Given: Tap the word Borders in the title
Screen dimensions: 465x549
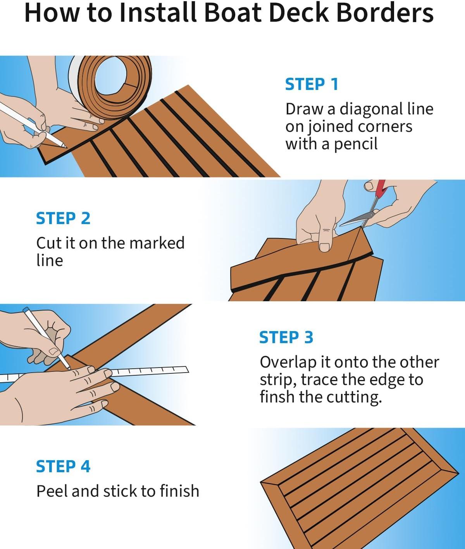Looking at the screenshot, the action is point(384,13).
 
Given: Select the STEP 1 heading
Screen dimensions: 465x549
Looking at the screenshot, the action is point(312,85).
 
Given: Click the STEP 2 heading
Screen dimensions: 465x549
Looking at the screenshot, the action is point(63,218).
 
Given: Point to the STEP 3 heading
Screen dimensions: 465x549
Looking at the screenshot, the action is point(286,337).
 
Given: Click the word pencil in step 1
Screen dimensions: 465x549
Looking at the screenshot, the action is point(356,144).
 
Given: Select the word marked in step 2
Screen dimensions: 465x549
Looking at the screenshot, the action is point(157,243).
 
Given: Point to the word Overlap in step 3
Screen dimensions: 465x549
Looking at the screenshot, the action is point(288,362).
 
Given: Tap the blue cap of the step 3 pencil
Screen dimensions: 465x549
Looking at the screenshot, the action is point(26,310).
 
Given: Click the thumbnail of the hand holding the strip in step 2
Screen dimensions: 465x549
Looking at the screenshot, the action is point(324,247).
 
